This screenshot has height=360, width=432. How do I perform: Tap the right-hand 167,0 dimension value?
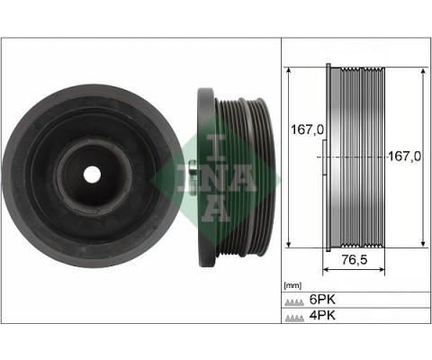(x=404, y=156)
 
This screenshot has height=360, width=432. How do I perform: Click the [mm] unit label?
(x=292, y=285)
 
